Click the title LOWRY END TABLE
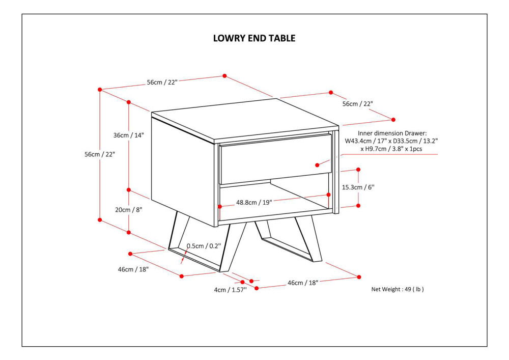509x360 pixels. [x=254, y=38]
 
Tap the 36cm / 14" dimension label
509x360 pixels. [x=129, y=135]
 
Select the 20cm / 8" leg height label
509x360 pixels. [x=128, y=210]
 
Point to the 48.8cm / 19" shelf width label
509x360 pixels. [x=254, y=202]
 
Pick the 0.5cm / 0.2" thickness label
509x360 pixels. [x=204, y=246]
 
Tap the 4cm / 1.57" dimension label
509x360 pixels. [x=230, y=290]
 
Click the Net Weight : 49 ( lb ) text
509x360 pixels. [x=398, y=289]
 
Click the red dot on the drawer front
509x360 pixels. [x=317, y=164]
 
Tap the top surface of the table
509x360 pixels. [x=244, y=120]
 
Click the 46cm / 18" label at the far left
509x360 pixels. [x=133, y=269]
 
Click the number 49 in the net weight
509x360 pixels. [x=408, y=289]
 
